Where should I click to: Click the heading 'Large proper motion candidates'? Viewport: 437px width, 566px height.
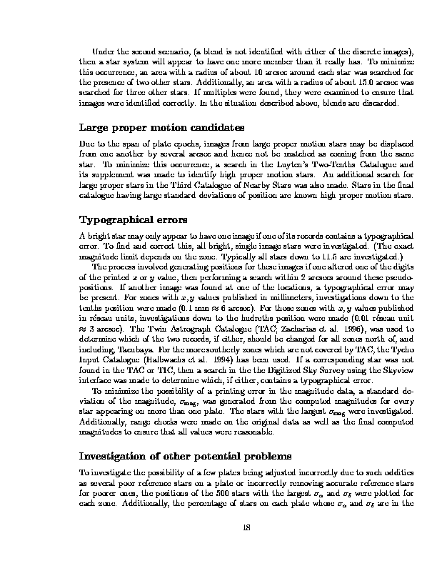point(161,128)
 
